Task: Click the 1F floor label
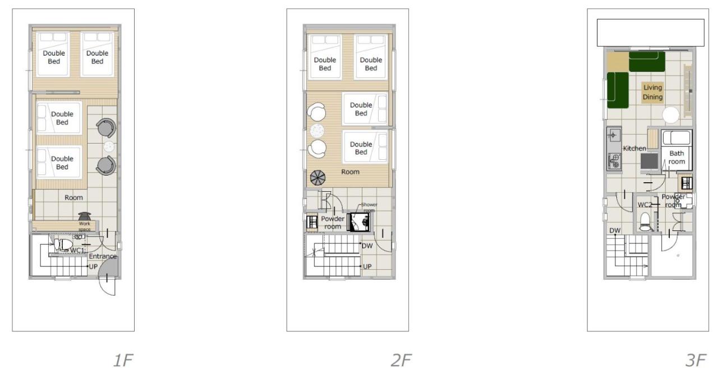point(122,361)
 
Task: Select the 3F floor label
point(698,361)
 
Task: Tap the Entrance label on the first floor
point(103,256)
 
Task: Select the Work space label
point(84,227)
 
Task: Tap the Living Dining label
point(652,92)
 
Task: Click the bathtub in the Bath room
point(676,138)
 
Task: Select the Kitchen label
point(634,148)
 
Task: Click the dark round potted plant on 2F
point(317,178)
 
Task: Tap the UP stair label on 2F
point(367,266)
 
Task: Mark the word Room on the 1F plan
point(73,197)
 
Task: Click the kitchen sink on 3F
point(613,136)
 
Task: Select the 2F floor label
point(401,361)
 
